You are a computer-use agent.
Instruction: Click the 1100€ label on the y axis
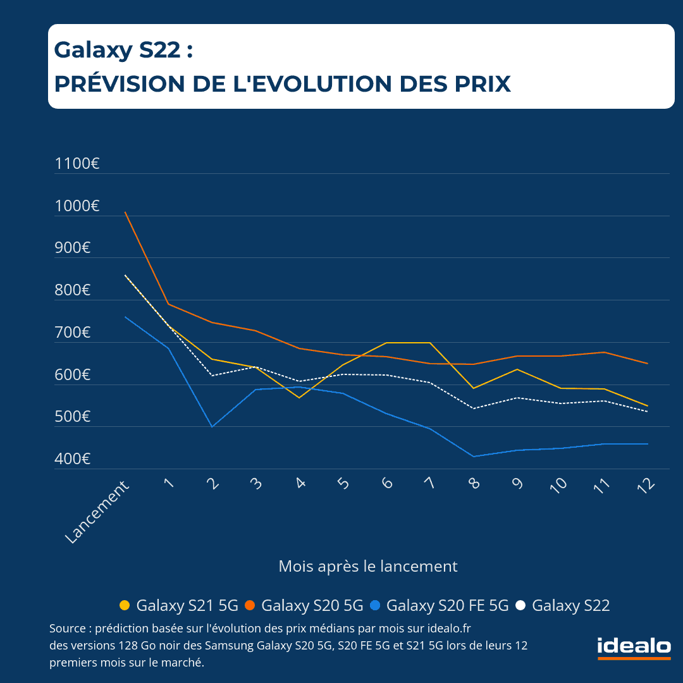tap(77, 164)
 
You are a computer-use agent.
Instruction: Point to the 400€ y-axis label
tap(73, 459)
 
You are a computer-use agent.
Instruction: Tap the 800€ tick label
tap(73, 290)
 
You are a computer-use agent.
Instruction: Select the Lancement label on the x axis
tap(97, 512)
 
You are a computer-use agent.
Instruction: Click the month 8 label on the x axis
tap(474, 484)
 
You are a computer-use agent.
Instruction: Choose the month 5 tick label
tap(343, 484)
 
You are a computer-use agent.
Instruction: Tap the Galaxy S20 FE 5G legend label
tap(447, 605)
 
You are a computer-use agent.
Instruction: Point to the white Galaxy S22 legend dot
tap(520, 605)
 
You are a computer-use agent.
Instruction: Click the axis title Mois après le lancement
tap(368, 566)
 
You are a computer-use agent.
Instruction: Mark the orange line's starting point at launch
tap(125, 212)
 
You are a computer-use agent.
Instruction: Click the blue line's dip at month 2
tap(212, 427)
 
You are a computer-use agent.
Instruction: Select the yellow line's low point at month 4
tap(298, 397)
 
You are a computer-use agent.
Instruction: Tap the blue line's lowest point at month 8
tap(474, 457)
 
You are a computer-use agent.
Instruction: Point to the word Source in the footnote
tap(67, 629)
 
